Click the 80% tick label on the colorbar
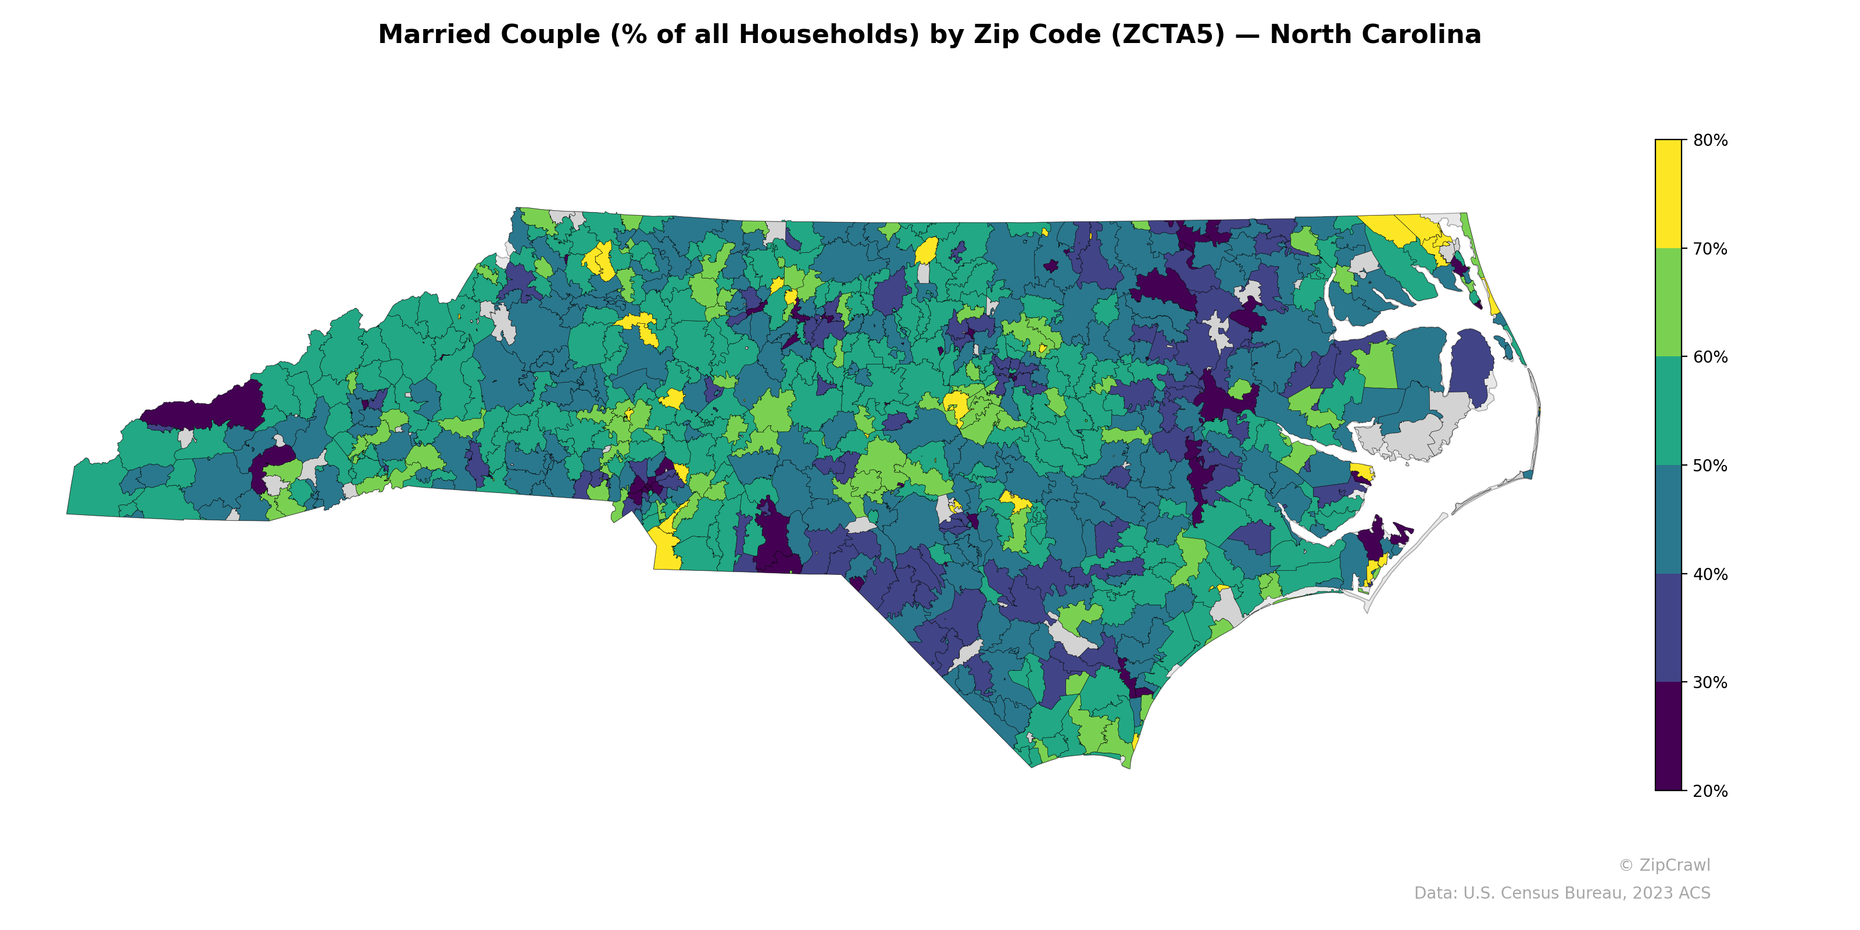click(1710, 140)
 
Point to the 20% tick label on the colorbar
click(1710, 791)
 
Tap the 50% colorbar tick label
click(1710, 466)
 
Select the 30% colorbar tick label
click(1710, 683)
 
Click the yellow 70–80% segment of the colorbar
click(1668, 194)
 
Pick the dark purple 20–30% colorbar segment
click(1668, 736)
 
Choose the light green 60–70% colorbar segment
click(1668, 302)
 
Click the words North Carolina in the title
click(1375, 35)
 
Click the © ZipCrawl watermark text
click(1664, 865)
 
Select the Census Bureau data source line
click(1561, 893)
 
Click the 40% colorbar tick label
click(1710, 575)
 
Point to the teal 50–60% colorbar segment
click(1668, 412)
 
